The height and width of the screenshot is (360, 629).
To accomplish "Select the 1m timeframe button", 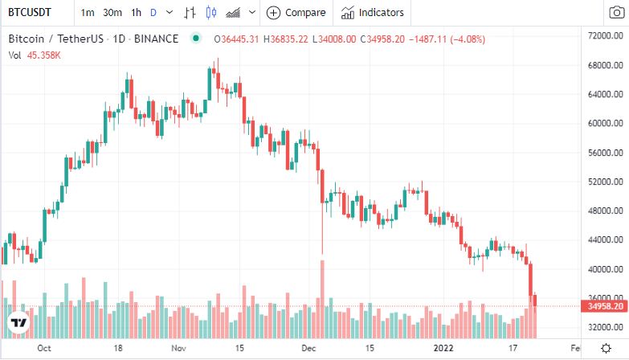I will tap(88, 13).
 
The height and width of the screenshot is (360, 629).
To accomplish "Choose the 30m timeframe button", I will tap(112, 13).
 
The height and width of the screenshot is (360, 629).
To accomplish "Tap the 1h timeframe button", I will tap(137, 13).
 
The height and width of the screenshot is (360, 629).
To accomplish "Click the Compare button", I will tap(296, 13).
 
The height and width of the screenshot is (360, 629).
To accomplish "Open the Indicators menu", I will tap(372, 13).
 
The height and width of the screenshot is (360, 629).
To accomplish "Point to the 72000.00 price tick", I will tap(602, 37).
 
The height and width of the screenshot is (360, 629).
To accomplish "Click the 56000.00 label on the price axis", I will tap(602, 153).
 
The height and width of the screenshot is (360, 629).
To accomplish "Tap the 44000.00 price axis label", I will tap(602, 240).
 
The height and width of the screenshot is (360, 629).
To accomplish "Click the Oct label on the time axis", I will tap(44, 349).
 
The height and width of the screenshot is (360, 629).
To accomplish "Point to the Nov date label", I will tap(179, 349).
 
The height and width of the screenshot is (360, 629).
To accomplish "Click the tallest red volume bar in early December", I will tap(322, 297).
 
